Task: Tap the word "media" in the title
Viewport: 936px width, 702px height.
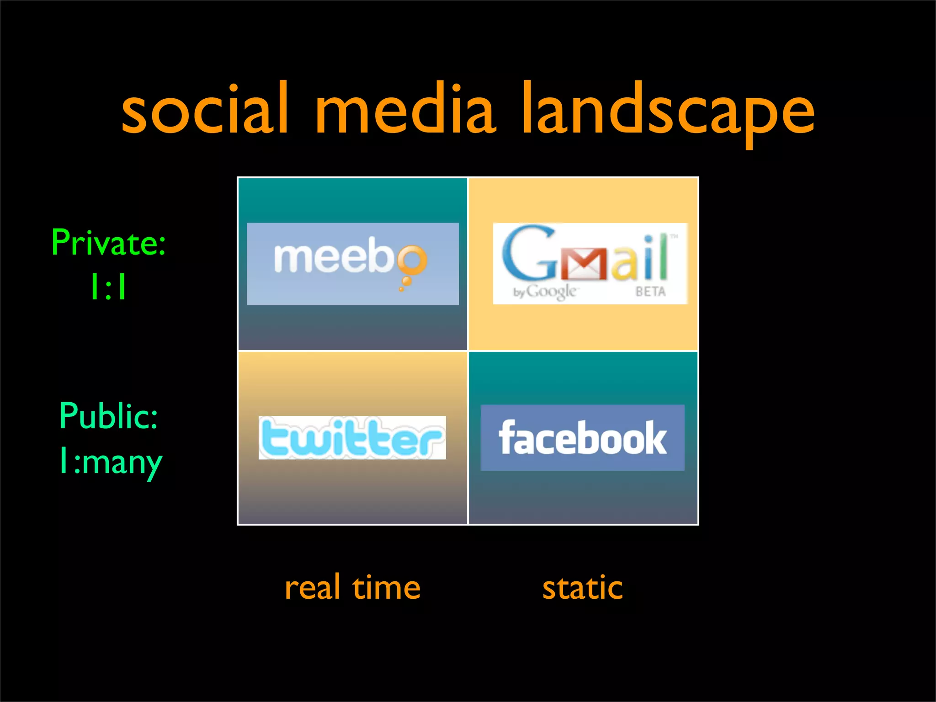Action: (x=405, y=110)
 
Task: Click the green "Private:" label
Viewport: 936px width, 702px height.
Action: (x=108, y=243)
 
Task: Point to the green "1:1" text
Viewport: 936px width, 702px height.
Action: (x=108, y=287)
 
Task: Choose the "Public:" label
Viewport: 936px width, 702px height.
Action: (x=109, y=416)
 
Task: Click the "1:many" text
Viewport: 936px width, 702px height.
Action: (x=111, y=462)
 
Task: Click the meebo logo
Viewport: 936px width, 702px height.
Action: (x=352, y=264)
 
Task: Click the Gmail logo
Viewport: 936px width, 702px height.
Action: (x=590, y=264)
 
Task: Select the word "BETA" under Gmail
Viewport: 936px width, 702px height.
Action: (x=650, y=291)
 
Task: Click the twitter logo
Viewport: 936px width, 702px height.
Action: (x=352, y=437)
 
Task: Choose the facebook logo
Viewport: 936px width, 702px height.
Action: (x=583, y=437)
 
